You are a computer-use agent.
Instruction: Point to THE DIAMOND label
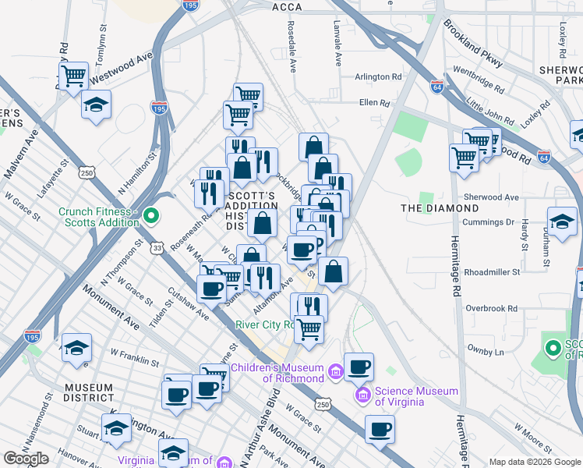(440, 208)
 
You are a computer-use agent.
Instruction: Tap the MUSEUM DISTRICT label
(89, 392)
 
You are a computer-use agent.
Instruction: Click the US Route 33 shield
(158, 248)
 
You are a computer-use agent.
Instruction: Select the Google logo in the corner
(26, 459)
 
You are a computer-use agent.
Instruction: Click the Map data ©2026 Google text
(535, 462)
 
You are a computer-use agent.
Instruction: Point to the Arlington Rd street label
(377, 77)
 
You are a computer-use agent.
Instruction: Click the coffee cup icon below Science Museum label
(380, 428)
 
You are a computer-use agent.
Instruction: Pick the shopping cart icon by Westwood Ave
(72, 76)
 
